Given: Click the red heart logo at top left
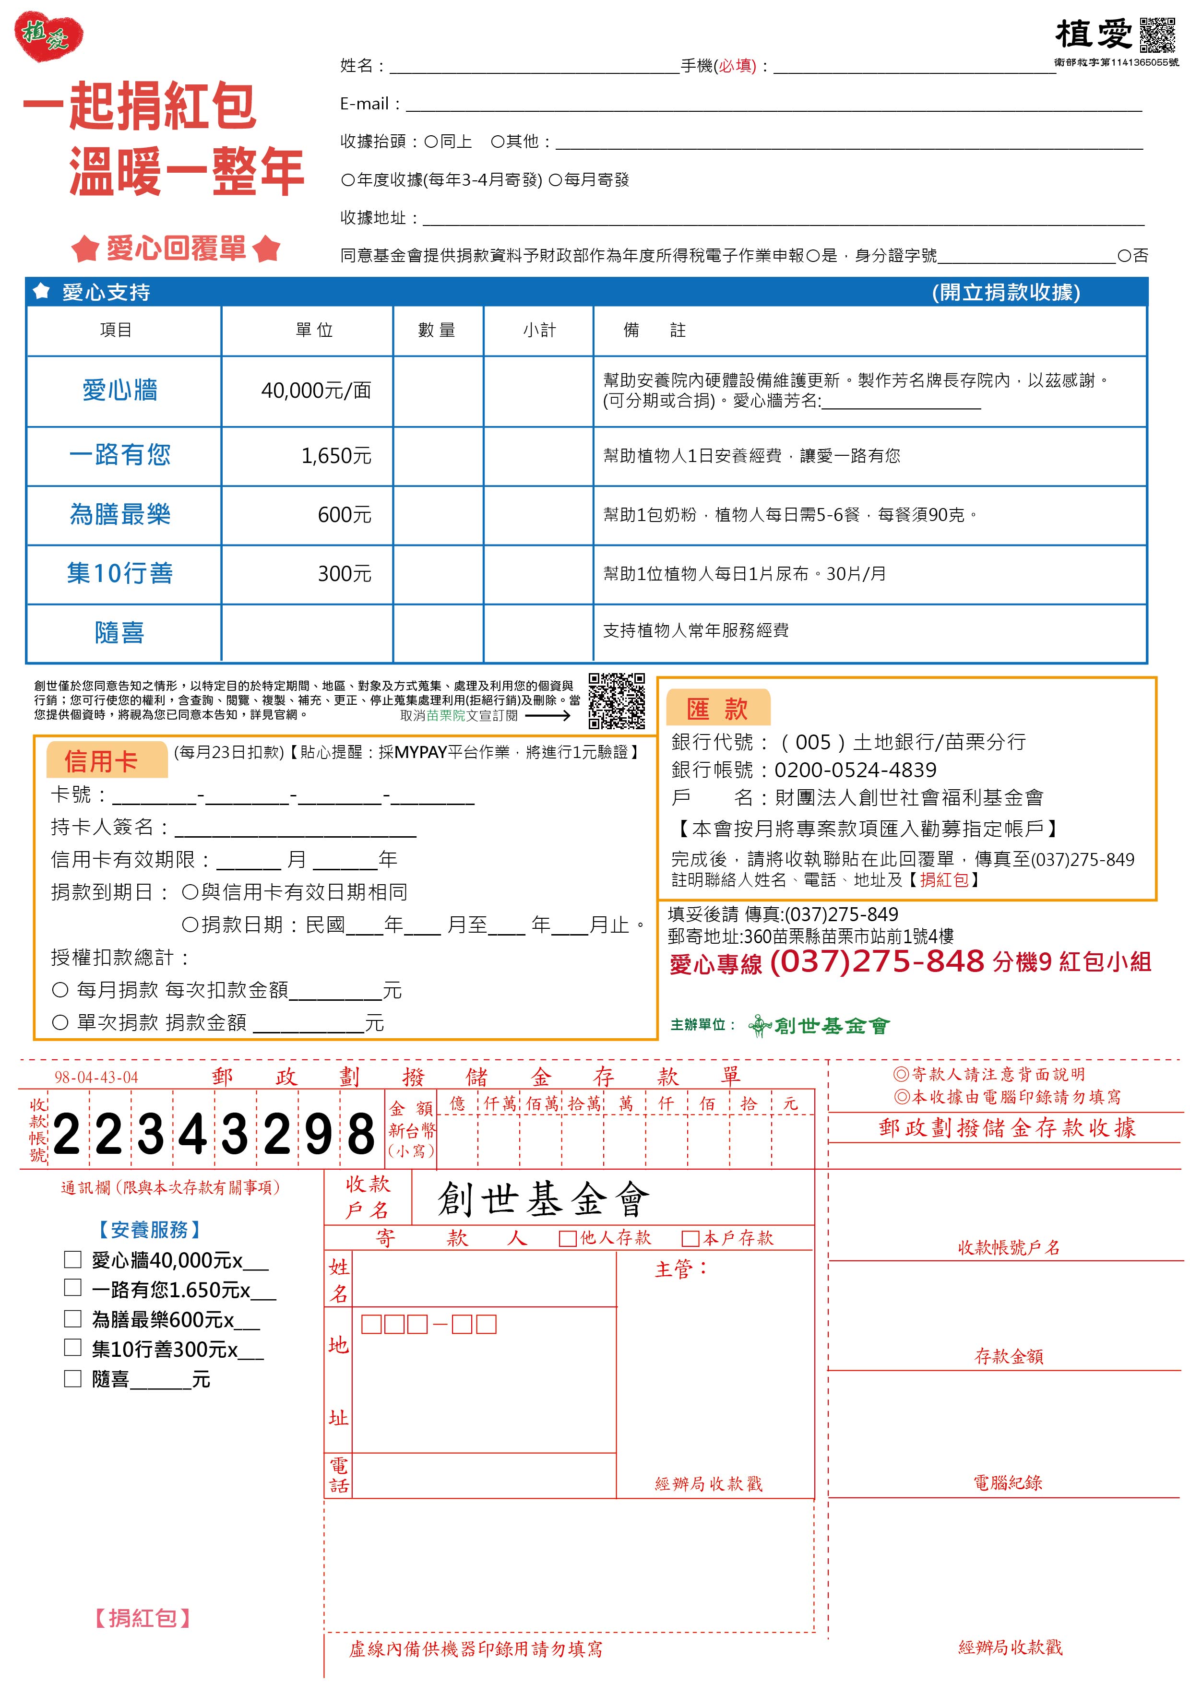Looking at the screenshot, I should (48, 36).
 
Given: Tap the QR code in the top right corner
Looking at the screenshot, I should (1157, 35).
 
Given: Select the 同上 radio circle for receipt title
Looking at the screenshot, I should (431, 142).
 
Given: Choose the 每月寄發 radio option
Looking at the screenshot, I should (555, 179).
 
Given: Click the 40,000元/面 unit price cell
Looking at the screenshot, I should (316, 391).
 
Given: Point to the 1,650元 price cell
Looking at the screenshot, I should (336, 456).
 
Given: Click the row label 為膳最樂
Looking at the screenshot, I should (120, 515).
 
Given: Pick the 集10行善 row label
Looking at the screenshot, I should (120, 573).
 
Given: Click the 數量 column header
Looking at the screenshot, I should (437, 331).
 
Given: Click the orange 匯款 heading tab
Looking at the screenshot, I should (717, 709).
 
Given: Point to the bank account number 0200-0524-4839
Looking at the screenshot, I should (855, 770).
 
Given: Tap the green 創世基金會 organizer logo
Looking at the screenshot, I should (820, 1025).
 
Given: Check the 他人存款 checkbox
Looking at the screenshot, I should (567, 1239).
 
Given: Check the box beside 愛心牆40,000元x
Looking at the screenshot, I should (72, 1259).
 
